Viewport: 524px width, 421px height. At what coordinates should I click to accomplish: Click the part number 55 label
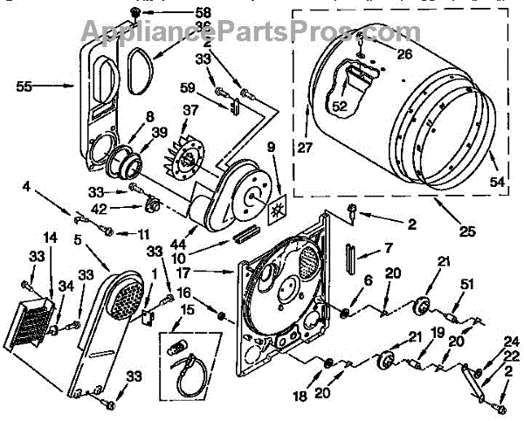pyautogui.click(x=24, y=86)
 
